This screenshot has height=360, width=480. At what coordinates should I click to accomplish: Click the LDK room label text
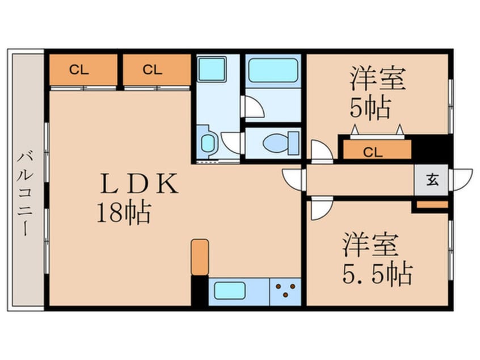point(139,185)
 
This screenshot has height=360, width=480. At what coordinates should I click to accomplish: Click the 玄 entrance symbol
point(432,181)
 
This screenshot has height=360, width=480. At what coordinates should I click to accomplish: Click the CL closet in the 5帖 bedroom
point(375,151)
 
